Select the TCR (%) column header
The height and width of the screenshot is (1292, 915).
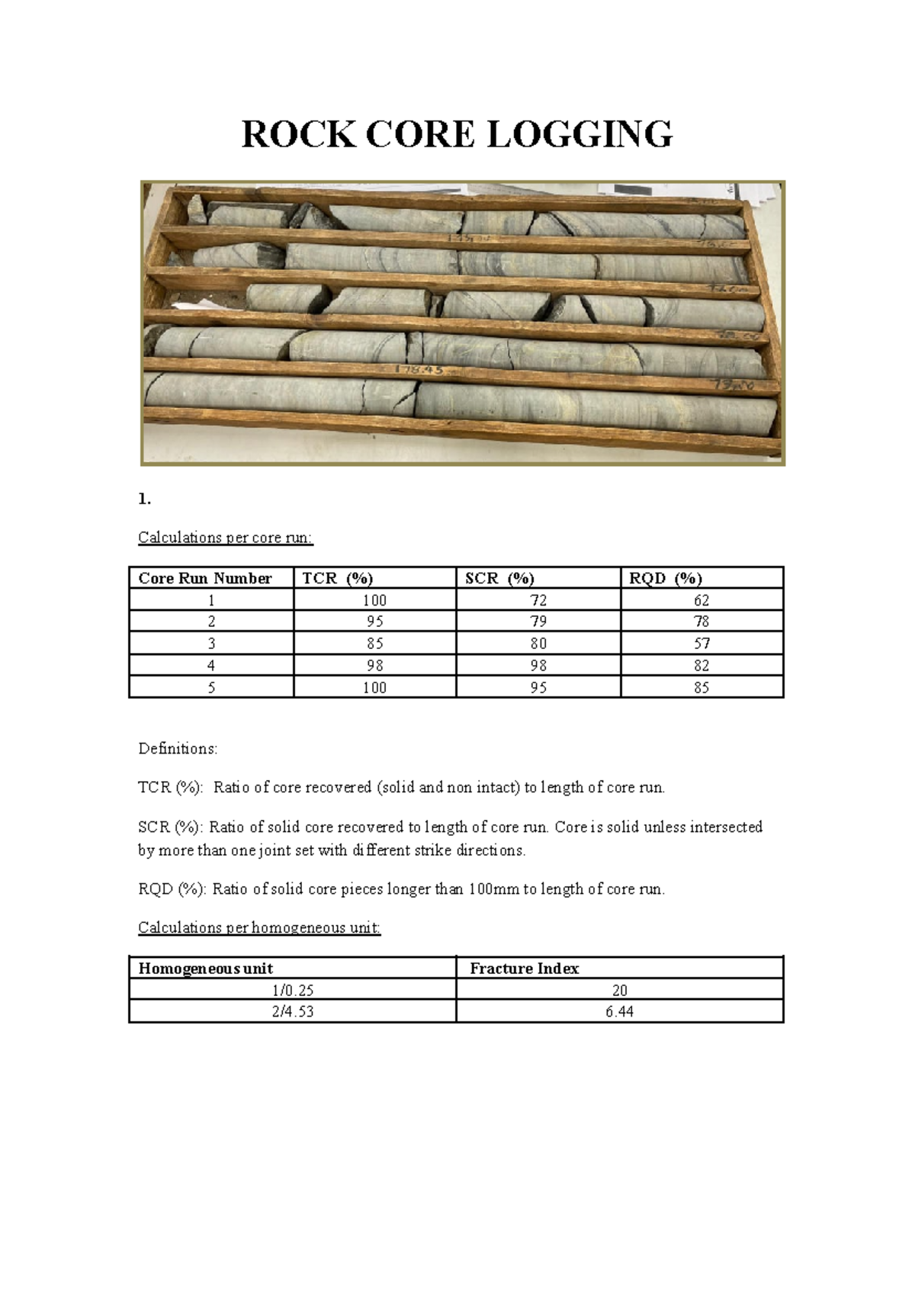[338, 578]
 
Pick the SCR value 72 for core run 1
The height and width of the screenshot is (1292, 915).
[538, 600]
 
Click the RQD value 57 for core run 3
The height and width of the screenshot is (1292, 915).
[701, 644]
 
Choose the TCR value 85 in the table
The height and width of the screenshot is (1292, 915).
[374, 644]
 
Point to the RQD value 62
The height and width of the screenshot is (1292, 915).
[701, 600]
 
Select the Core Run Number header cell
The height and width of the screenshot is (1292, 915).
[205, 578]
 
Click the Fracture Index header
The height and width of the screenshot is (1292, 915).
[525, 969]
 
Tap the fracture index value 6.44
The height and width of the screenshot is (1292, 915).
[619, 1012]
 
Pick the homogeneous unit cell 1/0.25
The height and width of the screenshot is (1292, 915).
[293, 991]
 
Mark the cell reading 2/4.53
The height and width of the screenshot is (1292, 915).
[293, 1012]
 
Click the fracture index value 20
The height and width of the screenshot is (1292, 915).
[619, 991]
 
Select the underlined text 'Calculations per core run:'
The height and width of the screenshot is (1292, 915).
[225, 538]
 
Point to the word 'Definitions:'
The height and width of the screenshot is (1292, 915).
[178, 749]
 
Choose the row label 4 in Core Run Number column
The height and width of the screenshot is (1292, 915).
[211, 666]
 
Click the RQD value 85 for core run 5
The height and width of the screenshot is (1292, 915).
[701, 688]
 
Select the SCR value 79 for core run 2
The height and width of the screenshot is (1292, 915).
[538, 622]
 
